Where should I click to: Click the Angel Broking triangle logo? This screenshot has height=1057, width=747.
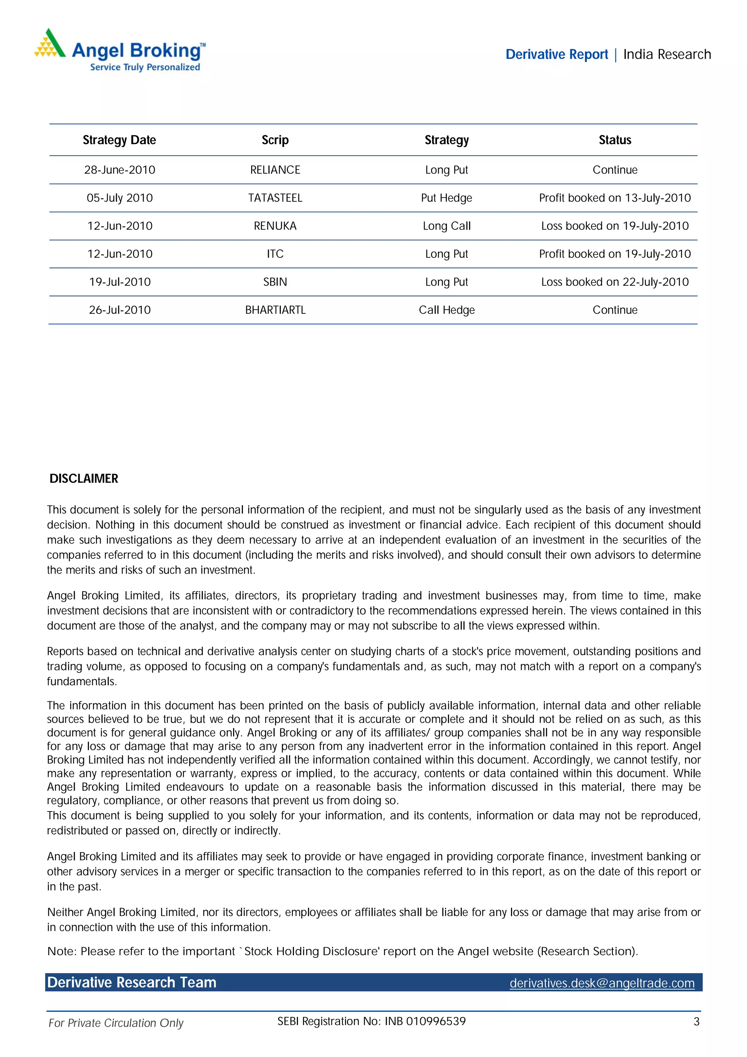pyautogui.click(x=50, y=43)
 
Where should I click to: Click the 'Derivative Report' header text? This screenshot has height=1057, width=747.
pyautogui.click(x=557, y=54)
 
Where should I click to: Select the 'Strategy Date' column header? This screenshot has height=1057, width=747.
pyautogui.click(x=119, y=140)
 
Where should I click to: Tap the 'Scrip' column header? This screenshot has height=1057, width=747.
pyautogui.click(x=275, y=140)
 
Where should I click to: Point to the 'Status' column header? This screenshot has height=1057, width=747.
pyautogui.click(x=615, y=140)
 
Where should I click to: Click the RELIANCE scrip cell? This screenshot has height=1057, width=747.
pyautogui.click(x=275, y=170)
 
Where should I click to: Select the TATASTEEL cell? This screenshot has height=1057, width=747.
pyautogui.click(x=275, y=198)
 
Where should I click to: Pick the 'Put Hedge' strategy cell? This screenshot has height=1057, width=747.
pyautogui.click(x=446, y=198)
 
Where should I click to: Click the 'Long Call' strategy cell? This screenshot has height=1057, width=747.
pyautogui.click(x=446, y=226)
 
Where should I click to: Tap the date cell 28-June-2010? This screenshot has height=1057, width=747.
pyautogui.click(x=119, y=170)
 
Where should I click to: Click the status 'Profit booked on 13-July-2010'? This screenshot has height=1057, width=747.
pyautogui.click(x=615, y=198)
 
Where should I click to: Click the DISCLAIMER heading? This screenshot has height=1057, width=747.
pyautogui.click(x=84, y=479)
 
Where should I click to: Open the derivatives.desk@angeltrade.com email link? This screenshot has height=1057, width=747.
pyautogui.click(x=601, y=983)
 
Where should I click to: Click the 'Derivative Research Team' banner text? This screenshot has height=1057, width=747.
pyautogui.click(x=132, y=983)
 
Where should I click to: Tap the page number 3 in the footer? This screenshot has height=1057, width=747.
pyautogui.click(x=696, y=1022)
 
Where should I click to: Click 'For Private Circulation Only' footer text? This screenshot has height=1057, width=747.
pyautogui.click(x=116, y=1023)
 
